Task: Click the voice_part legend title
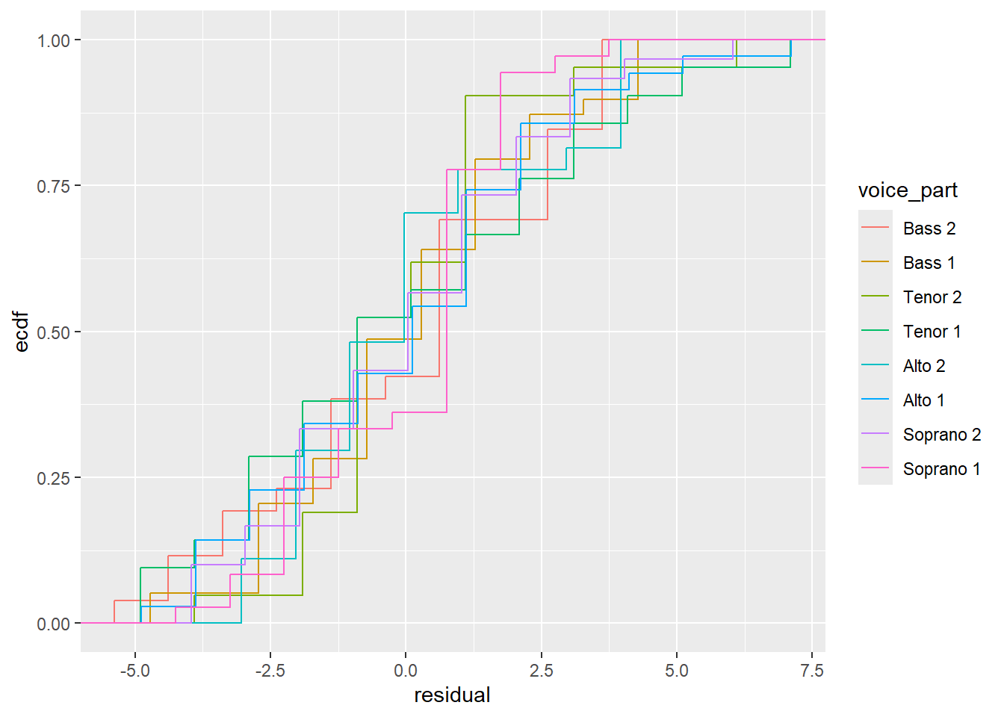(908, 190)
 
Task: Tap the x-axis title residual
(452, 695)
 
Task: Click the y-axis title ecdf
(22, 332)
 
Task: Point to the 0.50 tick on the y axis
(53, 332)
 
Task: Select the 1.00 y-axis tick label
(53, 40)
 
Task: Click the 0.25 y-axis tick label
(53, 478)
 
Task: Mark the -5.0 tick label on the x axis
(134, 671)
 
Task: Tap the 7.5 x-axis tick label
(812, 671)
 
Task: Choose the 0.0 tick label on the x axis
(406, 671)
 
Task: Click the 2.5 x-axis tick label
(541, 671)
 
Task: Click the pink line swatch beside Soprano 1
(875, 469)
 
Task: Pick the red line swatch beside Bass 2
(875, 229)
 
